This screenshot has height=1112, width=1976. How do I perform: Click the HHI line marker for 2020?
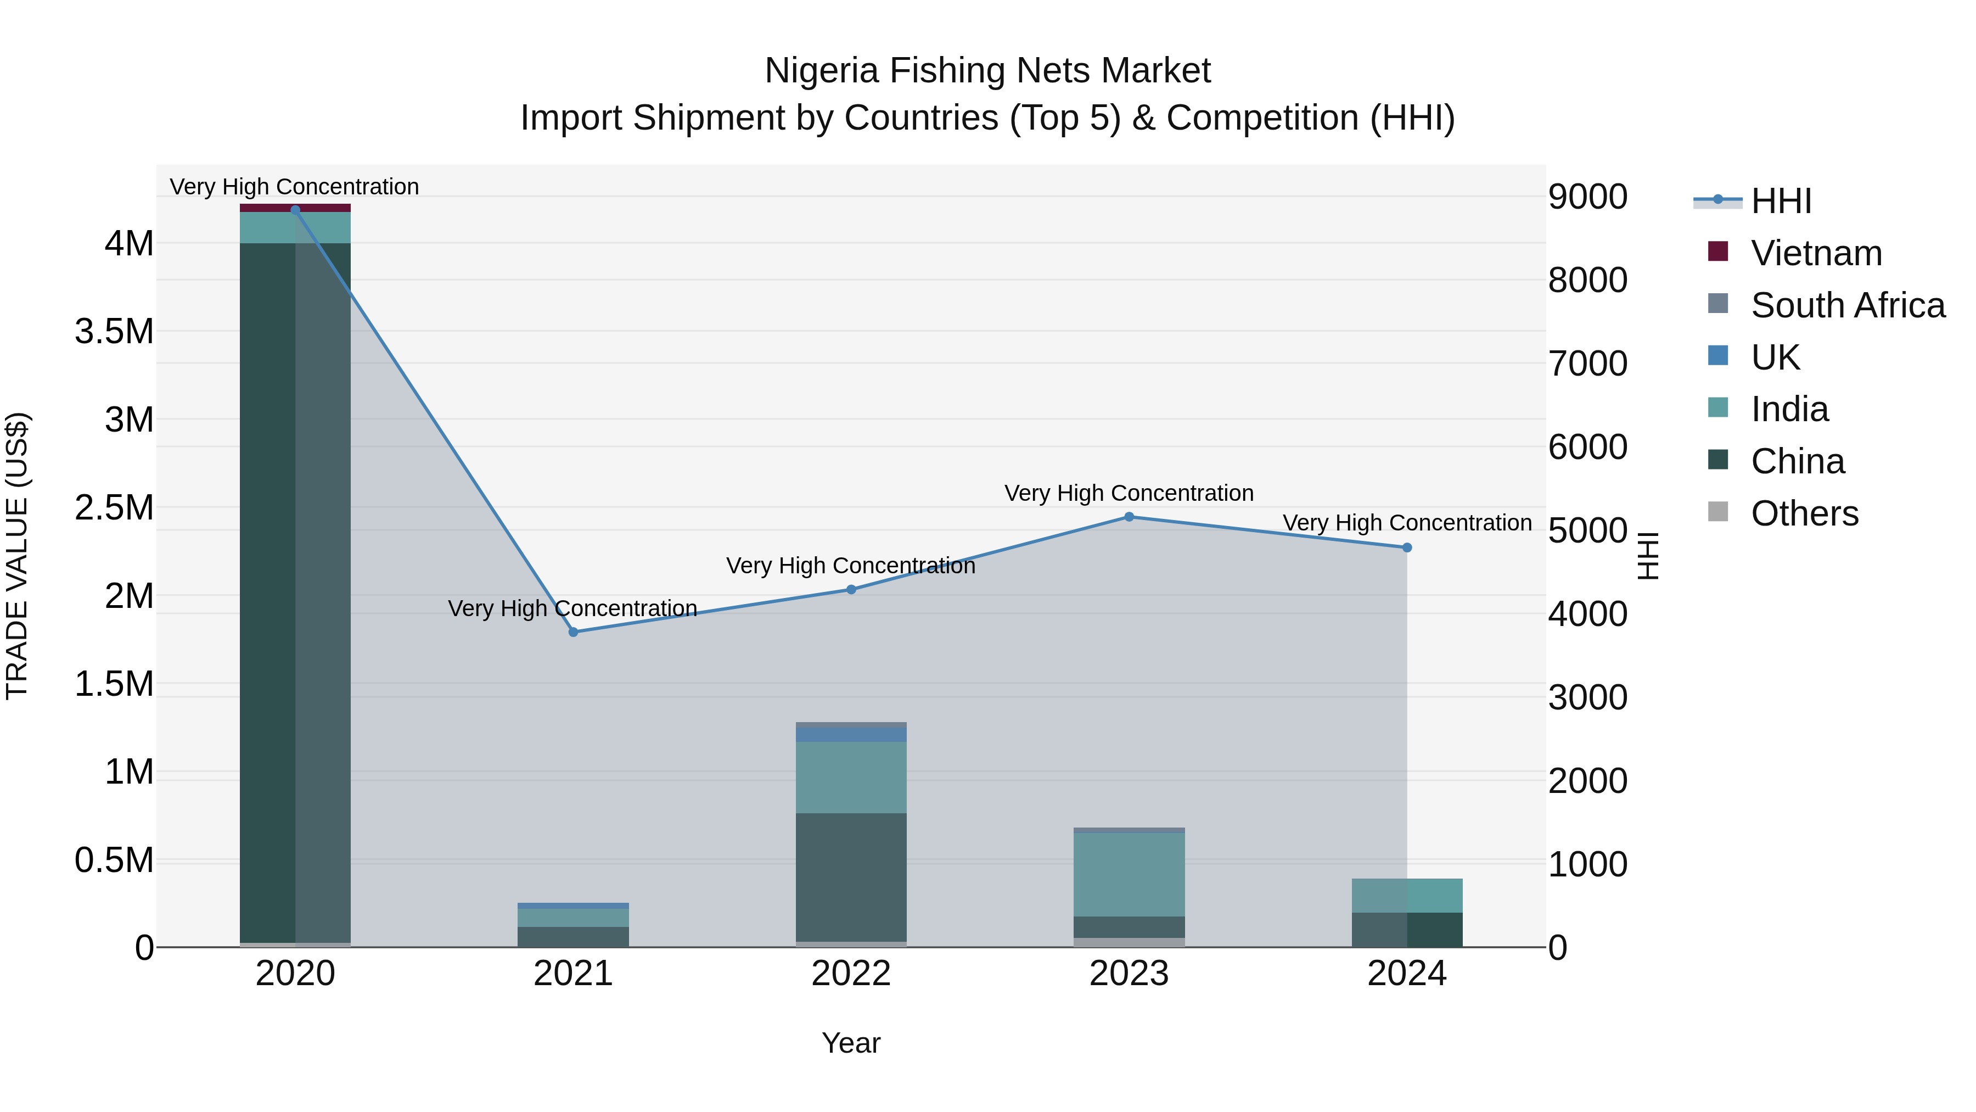tap(295, 210)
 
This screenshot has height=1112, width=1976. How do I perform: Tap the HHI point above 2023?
tap(1129, 517)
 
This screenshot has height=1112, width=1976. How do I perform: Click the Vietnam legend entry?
tap(1816, 253)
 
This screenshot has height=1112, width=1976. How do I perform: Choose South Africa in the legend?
tap(1847, 305)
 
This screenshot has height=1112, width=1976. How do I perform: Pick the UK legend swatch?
tap(1718, 356)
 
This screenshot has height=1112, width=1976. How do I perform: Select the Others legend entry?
tap(1804, 513)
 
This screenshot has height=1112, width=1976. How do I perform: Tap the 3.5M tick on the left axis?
tap(114, 332)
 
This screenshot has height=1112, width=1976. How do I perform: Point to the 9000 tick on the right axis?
tap(1587, 197)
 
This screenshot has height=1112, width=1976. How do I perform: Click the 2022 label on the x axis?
tap(851, 974)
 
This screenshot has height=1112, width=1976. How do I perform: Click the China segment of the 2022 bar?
tap(851, 876)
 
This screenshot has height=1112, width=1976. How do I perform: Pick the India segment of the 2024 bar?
tap(1406, 895)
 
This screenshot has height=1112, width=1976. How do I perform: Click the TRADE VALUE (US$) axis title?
tap(17, 556)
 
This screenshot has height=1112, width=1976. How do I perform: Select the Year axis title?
tap(851, 1043)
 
